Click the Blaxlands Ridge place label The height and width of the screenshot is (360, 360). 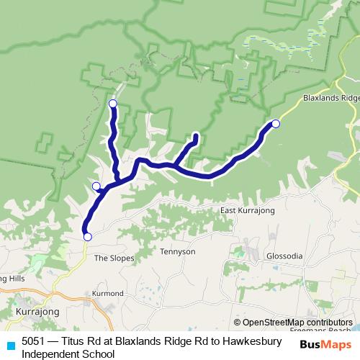330,98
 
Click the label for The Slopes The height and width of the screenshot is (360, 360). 111,257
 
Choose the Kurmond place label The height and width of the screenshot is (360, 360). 109,294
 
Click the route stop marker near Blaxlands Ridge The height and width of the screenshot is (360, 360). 275,124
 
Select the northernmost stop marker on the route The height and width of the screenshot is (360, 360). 112,104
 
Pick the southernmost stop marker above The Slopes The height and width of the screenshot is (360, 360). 87,237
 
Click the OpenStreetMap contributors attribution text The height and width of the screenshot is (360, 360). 297,322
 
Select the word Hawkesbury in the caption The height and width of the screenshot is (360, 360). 255,342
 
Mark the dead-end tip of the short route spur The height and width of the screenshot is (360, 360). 196,135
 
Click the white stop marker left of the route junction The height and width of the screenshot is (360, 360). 96,186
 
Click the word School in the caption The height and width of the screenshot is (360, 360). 99,354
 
